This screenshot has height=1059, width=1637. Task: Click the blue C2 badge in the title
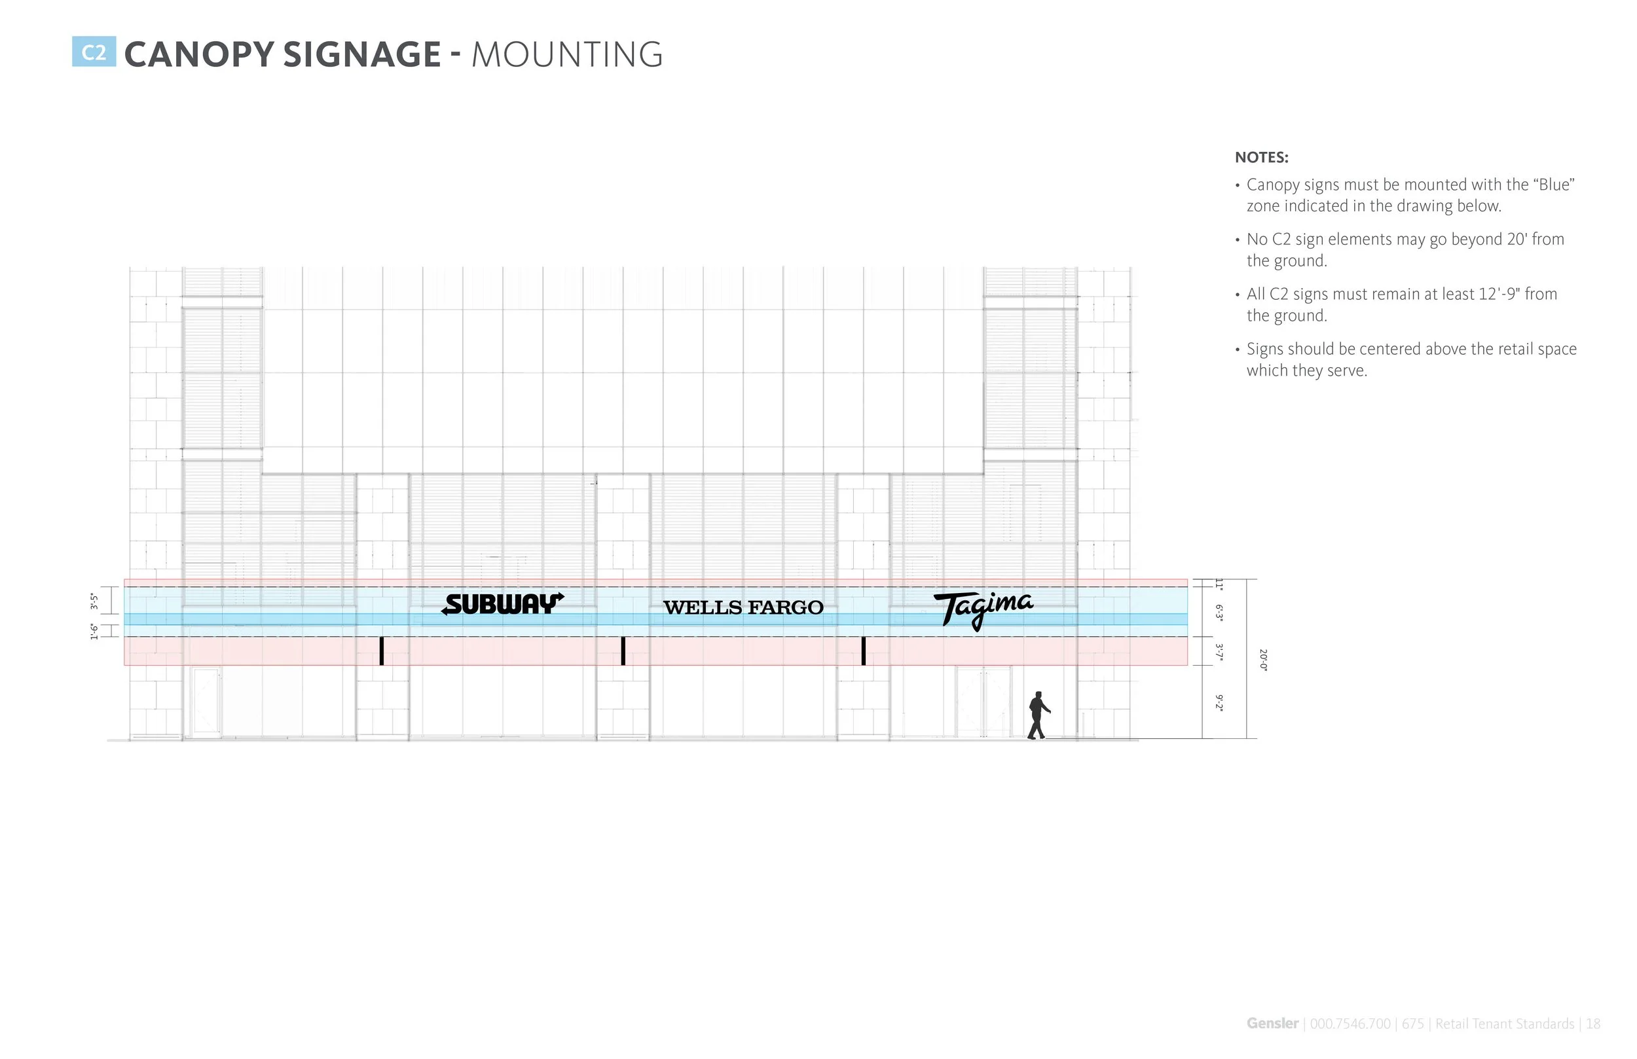click(x=94, y=52)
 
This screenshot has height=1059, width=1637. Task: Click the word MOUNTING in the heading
click(x=567, y=55)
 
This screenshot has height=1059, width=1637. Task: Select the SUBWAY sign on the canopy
click(x=503, y=605)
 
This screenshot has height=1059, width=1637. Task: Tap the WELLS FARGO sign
click(x=743, y=608)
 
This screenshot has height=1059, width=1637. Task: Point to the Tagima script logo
click(x=983, y=608)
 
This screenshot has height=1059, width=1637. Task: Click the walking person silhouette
click(x=1038, y=716)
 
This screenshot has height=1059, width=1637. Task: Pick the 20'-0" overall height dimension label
click(x=1263, y=660)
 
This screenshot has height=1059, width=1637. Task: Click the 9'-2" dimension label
click(x=1219, y=703)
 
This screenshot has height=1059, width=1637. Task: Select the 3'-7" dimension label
click(x=1219, y=652)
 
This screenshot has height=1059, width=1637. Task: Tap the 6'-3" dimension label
click(x=1219, y=613)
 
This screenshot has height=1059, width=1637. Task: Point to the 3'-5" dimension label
click(x=94, y=601)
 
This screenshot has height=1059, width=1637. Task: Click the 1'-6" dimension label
click(x=94, y=631)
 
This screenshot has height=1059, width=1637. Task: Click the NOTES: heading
click(x=1261, y=158)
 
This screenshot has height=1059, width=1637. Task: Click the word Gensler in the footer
click(x=1272, y=1023)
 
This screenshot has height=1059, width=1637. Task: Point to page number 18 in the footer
click(x=1594, y=1024)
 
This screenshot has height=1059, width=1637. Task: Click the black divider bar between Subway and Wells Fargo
click(x=623, y=651)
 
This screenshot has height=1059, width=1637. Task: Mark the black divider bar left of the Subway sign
click(x=382, y=651)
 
